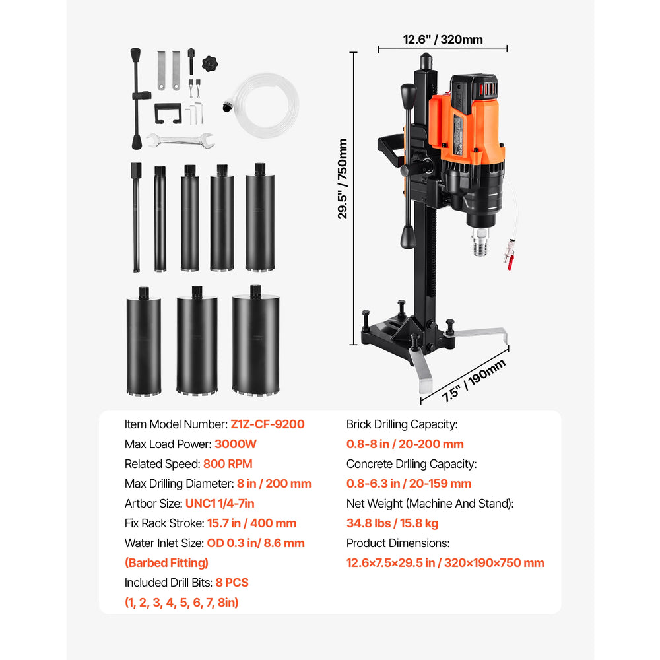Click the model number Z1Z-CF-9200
click(x=267, y=424)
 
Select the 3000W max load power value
click(x=236, y=444)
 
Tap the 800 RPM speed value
click(x=228, y=464)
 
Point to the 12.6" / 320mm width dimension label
click(x=443, y=40)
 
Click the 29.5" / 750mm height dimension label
click(x=343, y=179)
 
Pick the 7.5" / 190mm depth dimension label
click(x=473, y=381)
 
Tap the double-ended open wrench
click(x=181, y=141)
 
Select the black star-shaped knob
click(x=210, y=63)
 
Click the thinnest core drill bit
click(x=136, y=217)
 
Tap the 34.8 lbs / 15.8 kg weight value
click(x=392, y=523)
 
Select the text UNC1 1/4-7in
click(x=220, y=504)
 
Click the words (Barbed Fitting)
click(x=167, y=563)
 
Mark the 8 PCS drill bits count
click(x=232, y=583)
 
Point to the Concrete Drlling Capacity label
click(x=411, y=464)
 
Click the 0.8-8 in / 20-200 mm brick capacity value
click(x=405, y=444)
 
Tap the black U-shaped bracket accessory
click(x=168, y=114)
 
